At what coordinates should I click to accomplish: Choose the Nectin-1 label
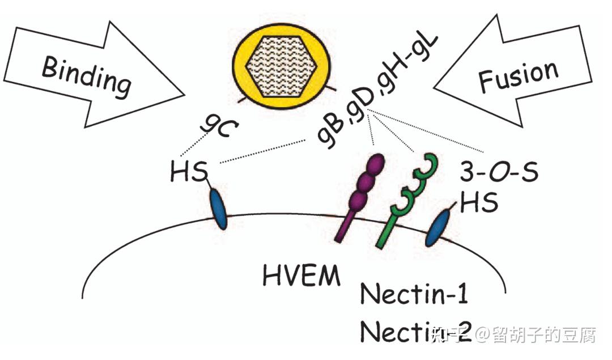(415, 295)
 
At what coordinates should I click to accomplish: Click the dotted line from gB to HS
(266, 151)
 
